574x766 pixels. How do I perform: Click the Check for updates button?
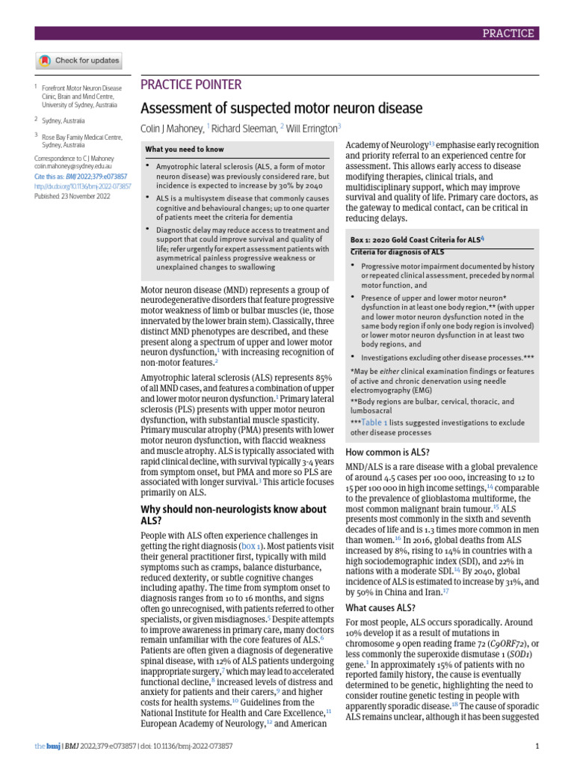point(78,61)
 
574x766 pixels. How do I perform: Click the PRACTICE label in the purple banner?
point(508,33)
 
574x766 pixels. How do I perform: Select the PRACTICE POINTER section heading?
point(191,85)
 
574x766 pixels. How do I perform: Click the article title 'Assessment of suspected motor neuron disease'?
point(282,108)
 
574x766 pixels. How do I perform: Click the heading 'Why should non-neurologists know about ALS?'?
point(234,515)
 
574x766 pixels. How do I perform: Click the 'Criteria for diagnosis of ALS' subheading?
point(392,252)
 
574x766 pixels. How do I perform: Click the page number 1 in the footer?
point(538,746)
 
